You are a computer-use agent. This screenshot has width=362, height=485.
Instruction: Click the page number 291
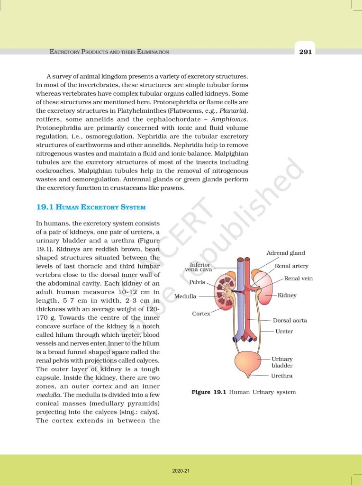click(305, 52)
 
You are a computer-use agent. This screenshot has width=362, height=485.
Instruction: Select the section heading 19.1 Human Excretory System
click(90, 207)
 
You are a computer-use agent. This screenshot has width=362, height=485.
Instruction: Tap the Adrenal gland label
click(286, 253)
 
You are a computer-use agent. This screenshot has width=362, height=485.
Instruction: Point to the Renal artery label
click(291, 266)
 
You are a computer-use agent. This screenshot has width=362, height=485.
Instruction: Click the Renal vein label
click(299, 278)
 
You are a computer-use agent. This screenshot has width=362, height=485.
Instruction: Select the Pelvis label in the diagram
click(197, 282)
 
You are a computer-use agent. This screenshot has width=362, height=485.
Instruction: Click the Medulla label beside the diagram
click(185, 296)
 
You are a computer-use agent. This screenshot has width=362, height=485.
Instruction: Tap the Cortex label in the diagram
click(201, 314)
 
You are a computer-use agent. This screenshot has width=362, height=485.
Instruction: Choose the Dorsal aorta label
click(290, 321)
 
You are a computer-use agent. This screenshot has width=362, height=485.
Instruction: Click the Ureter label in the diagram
click(284, 332)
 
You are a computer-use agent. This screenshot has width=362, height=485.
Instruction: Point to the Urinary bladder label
click(282, 362)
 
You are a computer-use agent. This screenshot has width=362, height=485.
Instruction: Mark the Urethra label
click(281, 376)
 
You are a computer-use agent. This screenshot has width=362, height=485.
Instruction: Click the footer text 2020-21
click(181, 471)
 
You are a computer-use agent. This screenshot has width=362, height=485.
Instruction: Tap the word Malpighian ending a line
click(229, 153)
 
